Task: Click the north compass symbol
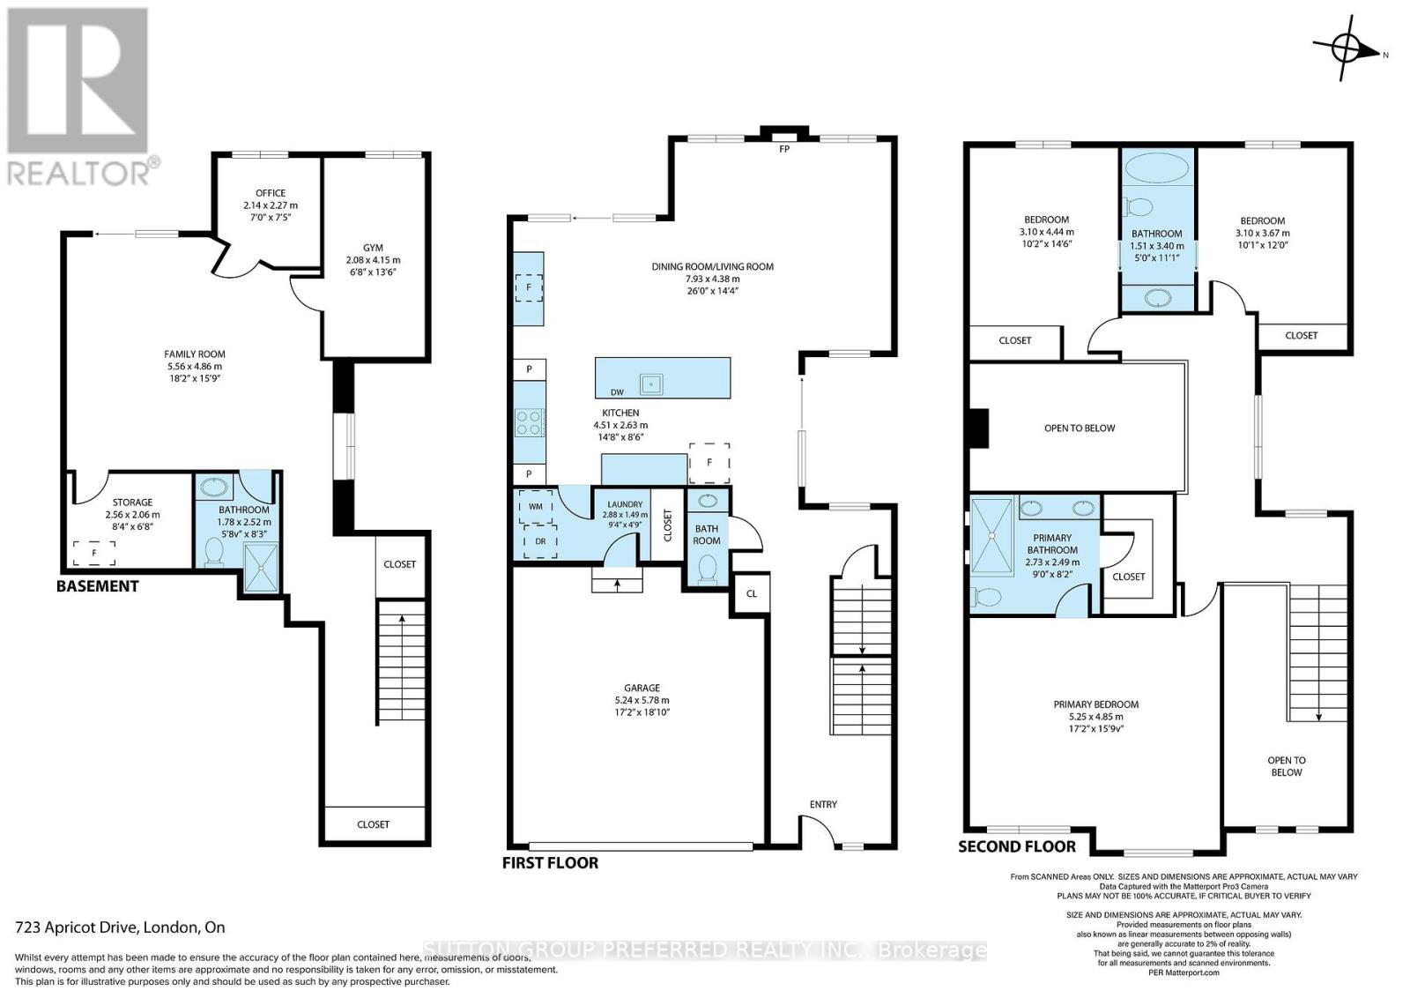click(x=1346, y=50)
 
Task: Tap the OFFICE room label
click(x=271, y=193)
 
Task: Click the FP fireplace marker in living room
click(x=783, y=149)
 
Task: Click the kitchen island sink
click(x=651, y=384)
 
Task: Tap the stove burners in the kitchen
click(x=529, y=423)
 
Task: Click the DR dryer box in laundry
click(x=539, y=540)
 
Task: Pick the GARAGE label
click(x=642, y=688)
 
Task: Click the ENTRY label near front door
click(x=823, y=804)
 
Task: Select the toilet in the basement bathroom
click(x=213, y=552)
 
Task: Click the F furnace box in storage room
click(x=94, y=553)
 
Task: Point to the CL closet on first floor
click(x=752, y=593)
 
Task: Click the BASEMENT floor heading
click(x=97, y=586)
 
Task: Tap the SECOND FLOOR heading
click(x=1017, y=846)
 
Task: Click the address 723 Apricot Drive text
click(x=121, y=927)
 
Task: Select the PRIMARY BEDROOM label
click(x=1095, y=704)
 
